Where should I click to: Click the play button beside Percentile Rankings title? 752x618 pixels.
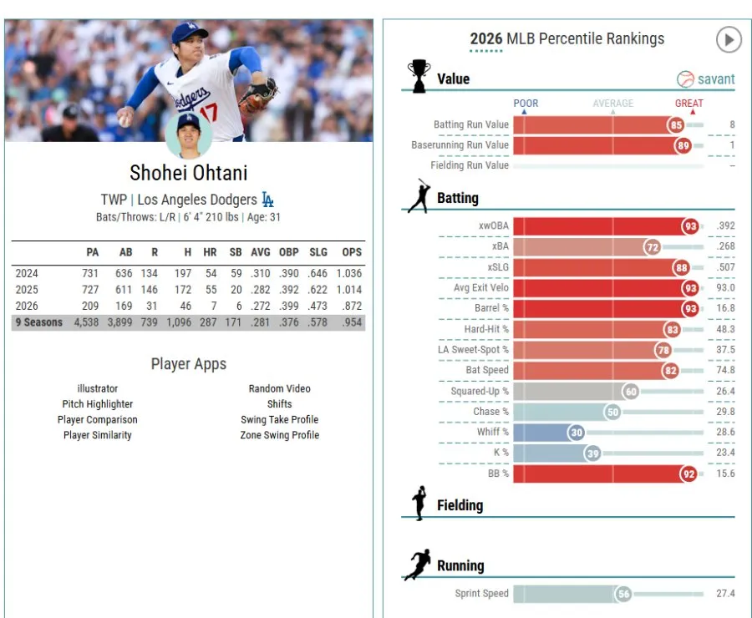[x=729, y=40]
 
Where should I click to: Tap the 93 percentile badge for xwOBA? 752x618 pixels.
[x=690, y=226]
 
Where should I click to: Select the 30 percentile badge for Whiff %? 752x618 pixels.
[x=577, y=433]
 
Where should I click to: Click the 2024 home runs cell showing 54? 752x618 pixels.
[x=211, y=273]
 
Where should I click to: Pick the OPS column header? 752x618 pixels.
[x=352, y=252]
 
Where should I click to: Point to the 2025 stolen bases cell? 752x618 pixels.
[x=236, y=290]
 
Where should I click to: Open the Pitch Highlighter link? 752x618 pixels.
[x=98, y=404]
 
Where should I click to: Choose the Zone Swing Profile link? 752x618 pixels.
[x=280, y=435]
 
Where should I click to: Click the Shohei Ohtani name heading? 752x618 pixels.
[x=189, y=173]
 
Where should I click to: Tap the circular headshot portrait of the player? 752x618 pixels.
[x=189, y=135]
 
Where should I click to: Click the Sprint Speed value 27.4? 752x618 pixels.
[x=725, y=594]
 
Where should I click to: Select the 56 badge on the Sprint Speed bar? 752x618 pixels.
[x=623, y=594]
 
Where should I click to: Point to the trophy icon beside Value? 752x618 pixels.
[x=419, y=76]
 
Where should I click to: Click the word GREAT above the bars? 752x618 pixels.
[x=689, y=103]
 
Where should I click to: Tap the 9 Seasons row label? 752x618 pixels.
[x=38, y=322]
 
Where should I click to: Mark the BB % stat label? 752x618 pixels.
[x=498, y=474]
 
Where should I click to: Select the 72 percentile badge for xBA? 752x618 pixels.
[x=653, y=247]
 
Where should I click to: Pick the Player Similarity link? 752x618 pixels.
[x=98, y=435]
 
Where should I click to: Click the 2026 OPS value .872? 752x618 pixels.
[x=352, y=306]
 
